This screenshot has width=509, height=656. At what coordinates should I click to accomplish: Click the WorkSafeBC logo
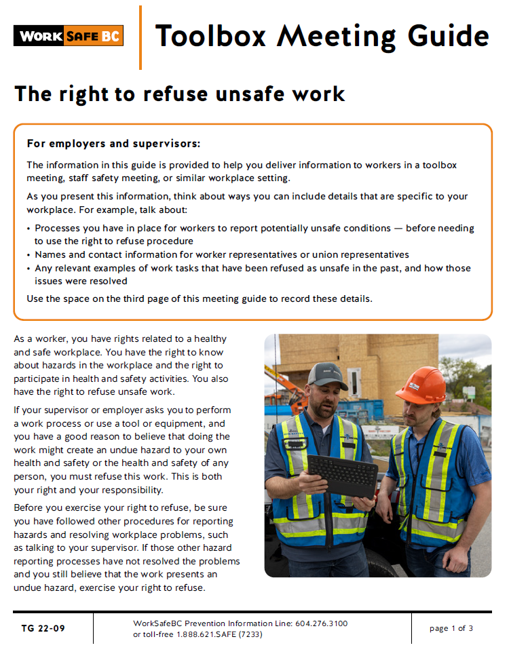click(69, 36)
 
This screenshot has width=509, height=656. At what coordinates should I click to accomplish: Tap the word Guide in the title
click(447, 35)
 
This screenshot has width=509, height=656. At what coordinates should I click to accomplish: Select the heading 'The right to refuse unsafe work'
click(180, 94)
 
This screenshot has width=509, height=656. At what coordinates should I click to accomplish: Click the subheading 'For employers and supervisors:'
click(113, 144)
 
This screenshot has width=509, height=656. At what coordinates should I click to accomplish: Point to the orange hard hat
click(421, 385)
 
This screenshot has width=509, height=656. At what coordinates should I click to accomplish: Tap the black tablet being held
click(342, 474)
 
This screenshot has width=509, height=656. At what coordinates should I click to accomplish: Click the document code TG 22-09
click(43, 628)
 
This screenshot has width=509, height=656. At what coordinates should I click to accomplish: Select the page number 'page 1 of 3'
click(451, 628)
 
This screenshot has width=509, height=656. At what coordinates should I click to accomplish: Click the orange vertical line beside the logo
click(140, 37)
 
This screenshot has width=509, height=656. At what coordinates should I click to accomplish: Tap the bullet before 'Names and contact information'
click(29, 256)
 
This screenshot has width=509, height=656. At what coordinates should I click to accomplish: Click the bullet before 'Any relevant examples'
click(29, 269)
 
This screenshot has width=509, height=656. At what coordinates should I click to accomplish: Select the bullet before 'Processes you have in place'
click(29, 229)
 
